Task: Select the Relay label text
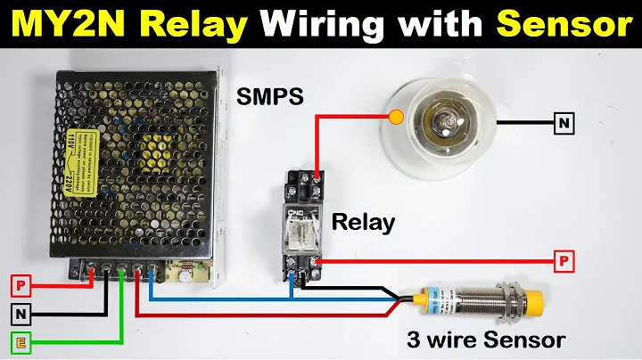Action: [x=363, y=222]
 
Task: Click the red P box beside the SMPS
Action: [x=21, y=286]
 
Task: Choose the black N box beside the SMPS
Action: [x=21, y=313]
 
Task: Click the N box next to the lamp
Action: [x=564, y=123]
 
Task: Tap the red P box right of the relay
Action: [x=564, y=261]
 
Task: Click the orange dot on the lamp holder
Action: [x=396, y=115]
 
